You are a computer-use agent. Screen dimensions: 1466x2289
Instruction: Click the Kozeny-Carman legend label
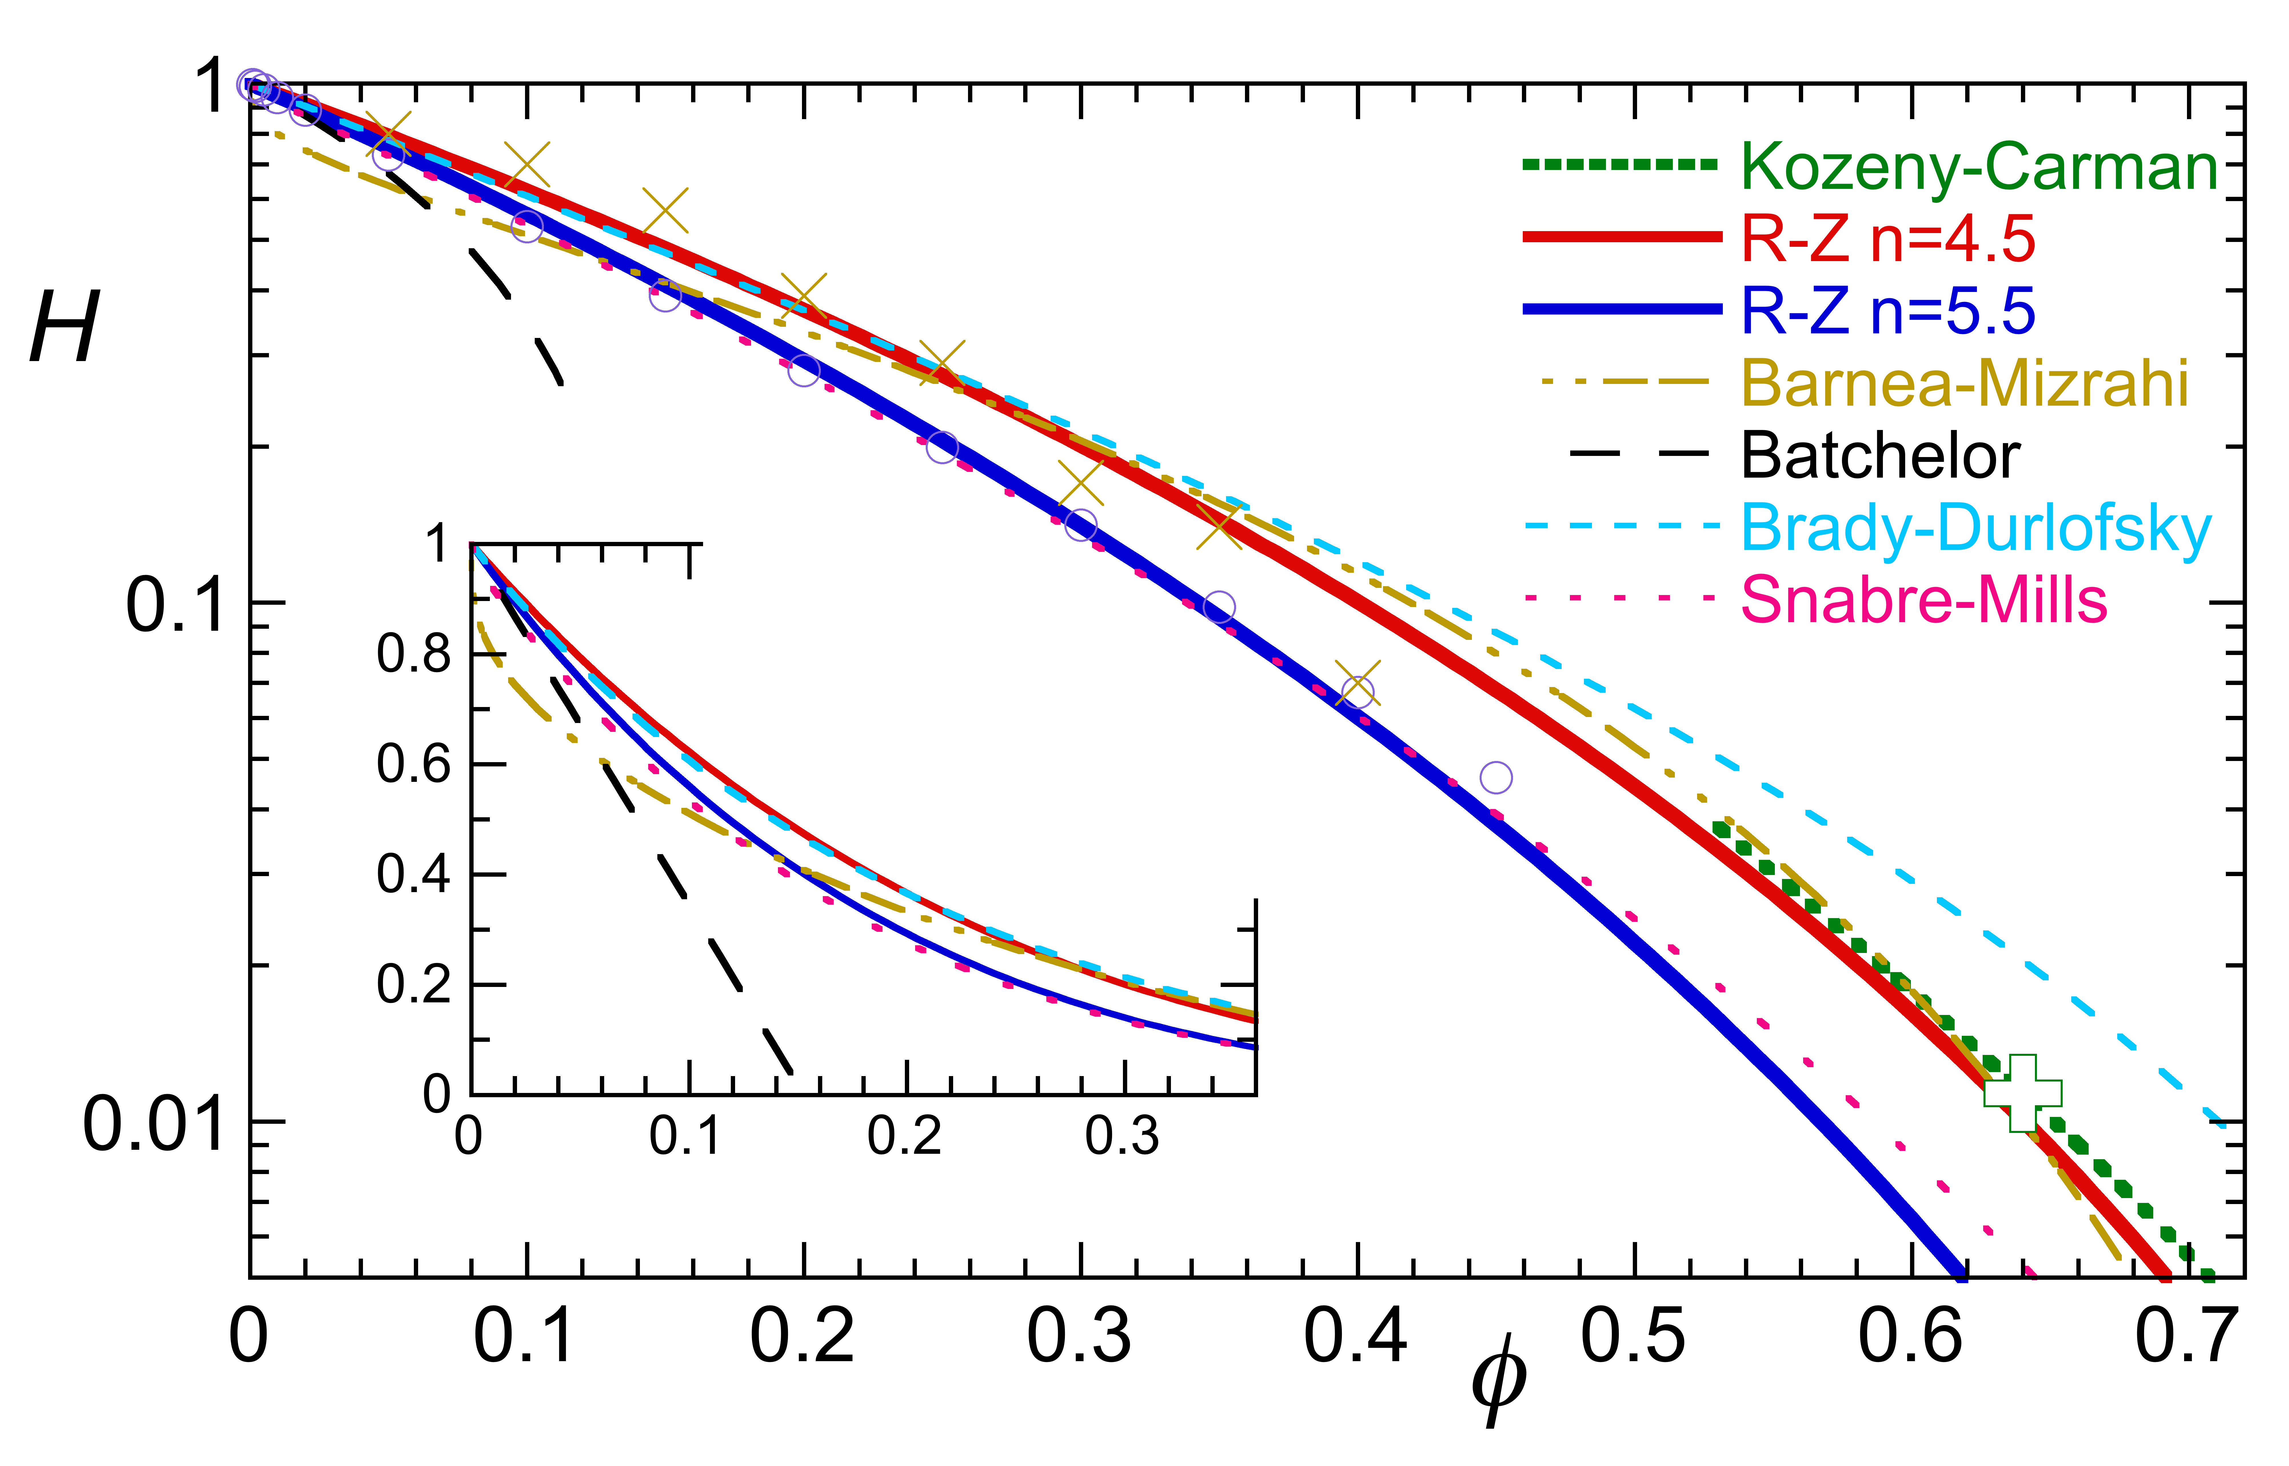[1979, 168]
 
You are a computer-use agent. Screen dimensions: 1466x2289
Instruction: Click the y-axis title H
[65, 329]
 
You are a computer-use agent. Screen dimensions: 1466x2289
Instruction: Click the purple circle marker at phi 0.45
[1496, 778]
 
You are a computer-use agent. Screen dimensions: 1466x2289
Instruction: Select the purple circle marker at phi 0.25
[942, 446]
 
